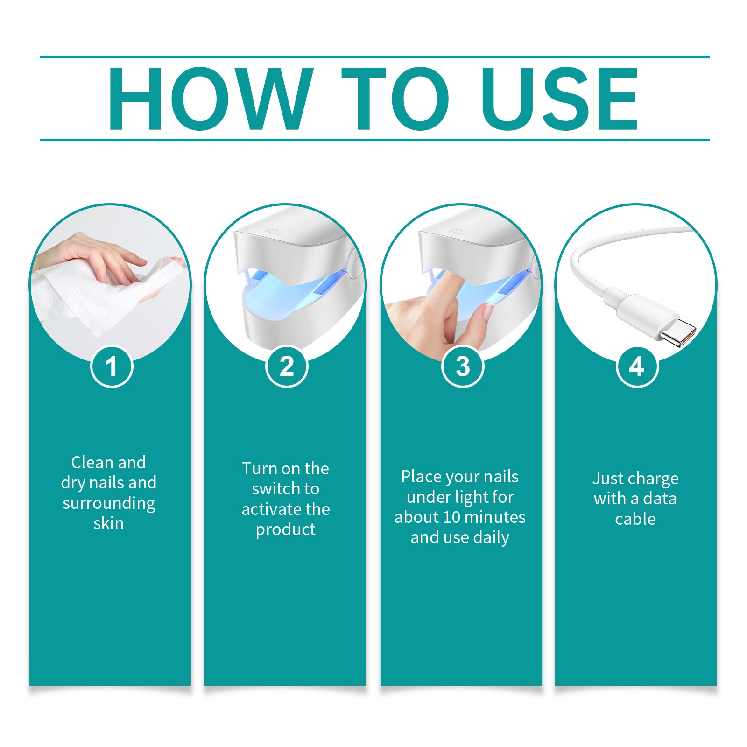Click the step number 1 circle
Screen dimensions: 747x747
pyautogui.click(x=111, y=366)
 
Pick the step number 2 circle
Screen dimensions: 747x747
pyautogui.click(x=287, y=366)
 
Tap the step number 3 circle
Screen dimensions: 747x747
pyautogui.click(x=462, y=366)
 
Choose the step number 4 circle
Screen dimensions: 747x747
pyautogui.click(x=637, y=366)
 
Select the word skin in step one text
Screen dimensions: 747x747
pyautogui.click(x=108, y=523)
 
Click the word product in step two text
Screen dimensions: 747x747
pyautogui.click(x=285, y=529)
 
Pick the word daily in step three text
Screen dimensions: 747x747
pyautogui.click(x=491, y=537)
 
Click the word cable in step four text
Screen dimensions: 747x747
pyautogui.click(x=635, y=519)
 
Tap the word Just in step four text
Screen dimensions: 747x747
pyautogui.click(x=607, y=479)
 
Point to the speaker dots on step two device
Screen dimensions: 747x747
pyautogui.click(x=269, y=230)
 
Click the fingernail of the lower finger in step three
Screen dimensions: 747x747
pyautogui.click(x=488, y=311)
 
